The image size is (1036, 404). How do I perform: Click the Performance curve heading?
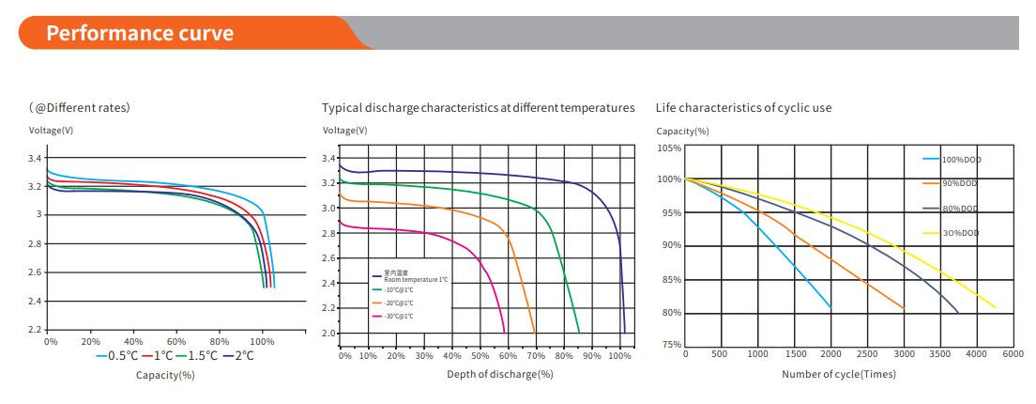click(140, 34)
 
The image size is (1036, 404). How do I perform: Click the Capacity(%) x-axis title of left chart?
click(165, 375)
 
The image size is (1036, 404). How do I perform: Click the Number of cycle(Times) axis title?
click(838, 374)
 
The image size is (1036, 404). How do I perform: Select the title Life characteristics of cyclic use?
click(743, 108)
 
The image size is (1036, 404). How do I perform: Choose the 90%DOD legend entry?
click(959, 183)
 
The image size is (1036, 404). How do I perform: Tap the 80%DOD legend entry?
click(959, 209)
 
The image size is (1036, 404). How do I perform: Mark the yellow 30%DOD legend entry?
click(959, 232)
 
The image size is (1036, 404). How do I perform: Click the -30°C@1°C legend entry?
click(398, 316)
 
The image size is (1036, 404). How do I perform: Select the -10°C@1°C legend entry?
click(398, 289)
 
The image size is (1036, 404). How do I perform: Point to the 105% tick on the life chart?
click(669, 148)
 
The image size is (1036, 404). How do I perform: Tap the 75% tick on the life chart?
click(671, 345)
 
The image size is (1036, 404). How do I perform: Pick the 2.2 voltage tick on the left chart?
click(36, 330)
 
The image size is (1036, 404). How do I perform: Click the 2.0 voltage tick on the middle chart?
click(329, 333)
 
